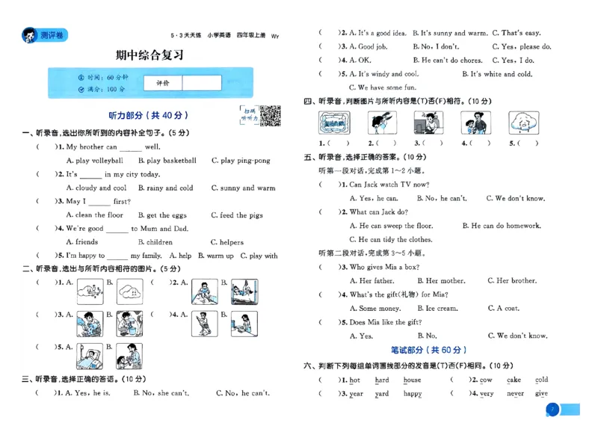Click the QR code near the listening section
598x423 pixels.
(x=270, y=116)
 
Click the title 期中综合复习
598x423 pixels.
(x=152, y=55)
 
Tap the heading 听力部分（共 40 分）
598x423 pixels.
(x=148, y=116)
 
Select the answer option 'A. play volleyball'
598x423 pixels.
(x=95, y=161)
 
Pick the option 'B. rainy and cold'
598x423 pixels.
(x=165, y=188)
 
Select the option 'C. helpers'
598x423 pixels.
(x=226, y=242)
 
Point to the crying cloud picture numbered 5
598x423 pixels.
(x=524, y=123)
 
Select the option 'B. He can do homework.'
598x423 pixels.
(x=501, y=226)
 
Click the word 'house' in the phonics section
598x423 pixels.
(x=412, y=380)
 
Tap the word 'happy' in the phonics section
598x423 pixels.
(x=413, y=393)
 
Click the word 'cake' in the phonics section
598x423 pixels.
(x=514, y=380)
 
